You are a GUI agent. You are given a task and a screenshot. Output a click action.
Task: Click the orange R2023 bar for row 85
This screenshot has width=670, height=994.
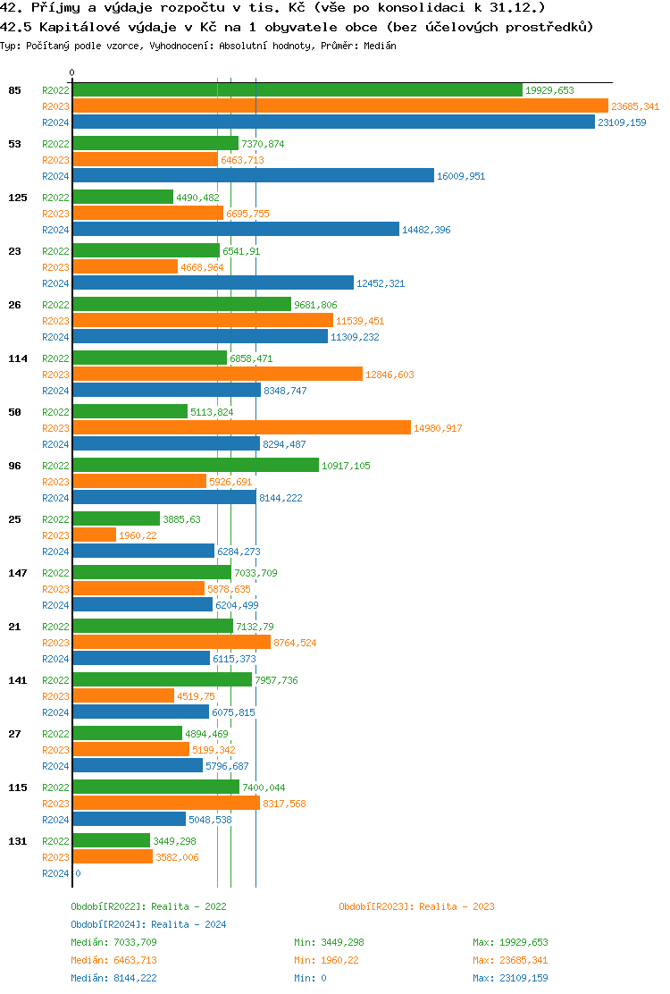click(339, 106)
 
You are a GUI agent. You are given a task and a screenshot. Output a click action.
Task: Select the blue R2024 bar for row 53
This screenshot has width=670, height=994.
click(253, 176)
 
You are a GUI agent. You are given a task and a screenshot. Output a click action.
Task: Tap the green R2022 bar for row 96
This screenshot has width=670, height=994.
click(195, 466)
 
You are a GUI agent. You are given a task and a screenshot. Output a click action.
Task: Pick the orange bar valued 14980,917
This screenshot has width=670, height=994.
click(241, 428)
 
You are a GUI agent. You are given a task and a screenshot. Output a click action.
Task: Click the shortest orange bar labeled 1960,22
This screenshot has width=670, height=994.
click(94, 535)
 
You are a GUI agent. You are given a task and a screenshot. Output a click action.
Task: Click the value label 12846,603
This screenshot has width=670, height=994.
click(389, 375)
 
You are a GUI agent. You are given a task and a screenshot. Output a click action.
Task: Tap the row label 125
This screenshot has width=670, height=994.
click(17, 198)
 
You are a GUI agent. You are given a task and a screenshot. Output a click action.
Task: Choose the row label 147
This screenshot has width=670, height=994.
click(17, 573)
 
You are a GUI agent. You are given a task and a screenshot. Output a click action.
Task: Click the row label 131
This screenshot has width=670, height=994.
click(17, 841)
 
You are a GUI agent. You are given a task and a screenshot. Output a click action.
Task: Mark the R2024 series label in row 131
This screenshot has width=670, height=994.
click(55, 873)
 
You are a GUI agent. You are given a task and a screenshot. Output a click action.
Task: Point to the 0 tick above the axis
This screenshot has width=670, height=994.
click(72, 72)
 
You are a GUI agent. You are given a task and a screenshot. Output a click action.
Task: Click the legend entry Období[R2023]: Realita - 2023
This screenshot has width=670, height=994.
click(416, 906)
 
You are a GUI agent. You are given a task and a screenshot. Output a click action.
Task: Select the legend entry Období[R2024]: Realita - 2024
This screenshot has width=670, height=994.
click(148, 924)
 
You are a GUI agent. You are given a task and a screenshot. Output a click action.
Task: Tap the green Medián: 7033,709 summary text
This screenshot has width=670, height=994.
click(113, 942)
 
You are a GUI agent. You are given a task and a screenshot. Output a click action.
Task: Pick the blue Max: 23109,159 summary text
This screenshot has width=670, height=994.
click(510, 978)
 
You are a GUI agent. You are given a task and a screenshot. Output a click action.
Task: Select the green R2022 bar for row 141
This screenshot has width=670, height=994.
click(162, 680)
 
